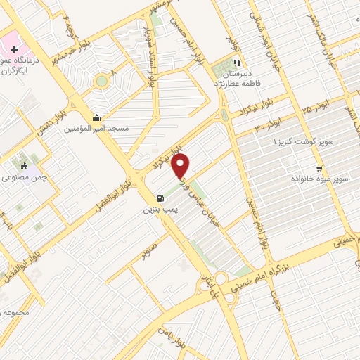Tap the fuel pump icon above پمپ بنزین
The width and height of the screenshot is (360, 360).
tap(161, 198)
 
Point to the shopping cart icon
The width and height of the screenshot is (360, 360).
tap(320, 168)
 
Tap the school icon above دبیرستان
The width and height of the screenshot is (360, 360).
tap(237, 61)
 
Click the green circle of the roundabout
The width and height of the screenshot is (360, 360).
tap(103, 80)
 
